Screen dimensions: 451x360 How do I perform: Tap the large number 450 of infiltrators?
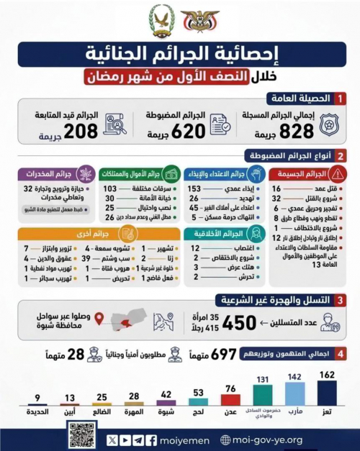[x=239, y=324]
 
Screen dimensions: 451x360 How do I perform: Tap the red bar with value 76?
[x=229, y=400]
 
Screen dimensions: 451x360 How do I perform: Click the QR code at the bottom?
[x=82, y=434]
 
